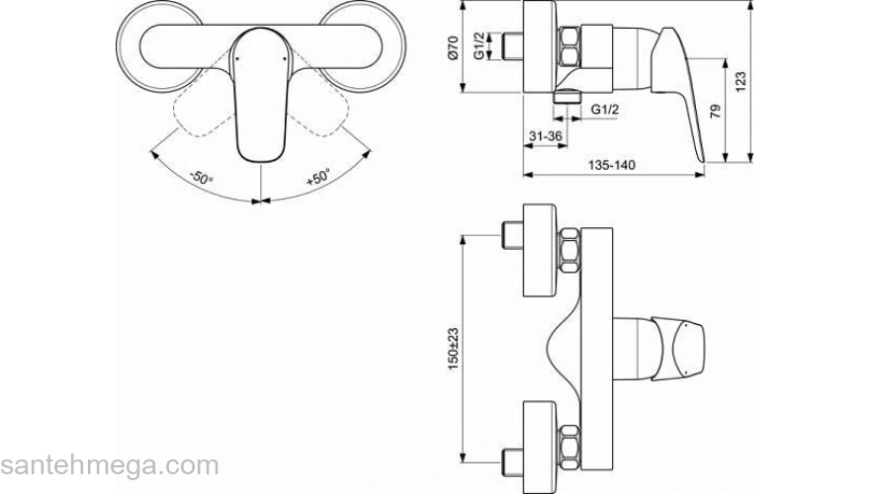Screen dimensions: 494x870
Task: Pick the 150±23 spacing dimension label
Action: (x=453, y=339)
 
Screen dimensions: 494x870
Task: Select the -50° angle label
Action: (x=202, y=179)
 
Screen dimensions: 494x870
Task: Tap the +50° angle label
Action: (x=318, y=179)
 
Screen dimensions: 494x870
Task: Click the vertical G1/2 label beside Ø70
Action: (x=478, y=46)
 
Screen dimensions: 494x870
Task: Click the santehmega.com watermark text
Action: (x=109, y=465)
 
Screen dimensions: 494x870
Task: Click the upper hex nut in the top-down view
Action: (x=570, y=251)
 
